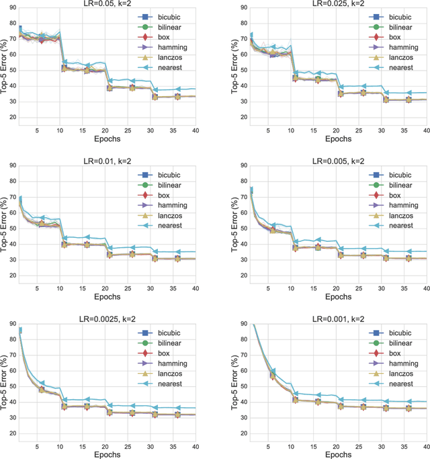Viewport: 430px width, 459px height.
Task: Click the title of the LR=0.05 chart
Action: point(108,4)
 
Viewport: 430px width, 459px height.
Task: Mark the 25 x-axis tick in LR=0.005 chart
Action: point(362,288)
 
